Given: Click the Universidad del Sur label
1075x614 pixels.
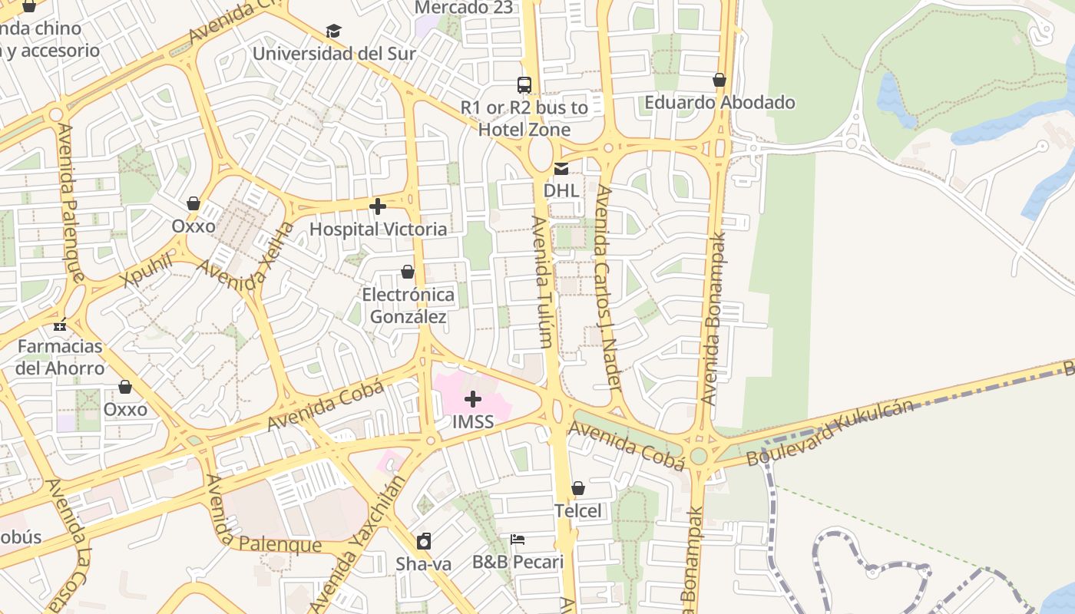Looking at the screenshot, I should [x=334, y=54].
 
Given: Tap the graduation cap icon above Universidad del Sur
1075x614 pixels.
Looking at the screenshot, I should [x=333, y=31].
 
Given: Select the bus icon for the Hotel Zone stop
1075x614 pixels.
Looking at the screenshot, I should [x=524, y=84].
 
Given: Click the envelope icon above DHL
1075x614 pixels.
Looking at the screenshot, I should [x=562, y=169].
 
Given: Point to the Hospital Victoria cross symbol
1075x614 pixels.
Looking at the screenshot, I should [x=378, y=206].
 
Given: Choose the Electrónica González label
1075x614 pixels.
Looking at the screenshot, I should [x=408, y=305].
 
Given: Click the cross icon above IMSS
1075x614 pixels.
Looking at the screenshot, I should [x=473, y=399].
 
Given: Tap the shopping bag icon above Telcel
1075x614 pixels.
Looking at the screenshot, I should [x=578, y=488].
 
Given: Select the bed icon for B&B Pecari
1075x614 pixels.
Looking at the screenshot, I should [x=518, y=540].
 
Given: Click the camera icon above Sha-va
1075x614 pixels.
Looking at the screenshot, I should [x=424, y=541].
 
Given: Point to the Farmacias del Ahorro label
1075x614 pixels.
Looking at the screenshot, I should [x=61, y=357].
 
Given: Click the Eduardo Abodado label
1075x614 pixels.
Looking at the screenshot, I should [x=719, y=103].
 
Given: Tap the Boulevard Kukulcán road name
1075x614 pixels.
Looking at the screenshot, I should [x=831, y=431].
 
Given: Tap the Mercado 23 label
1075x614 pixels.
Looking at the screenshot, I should [x=463, y=8].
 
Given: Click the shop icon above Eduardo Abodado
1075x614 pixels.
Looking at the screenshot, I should [x=719, y=80].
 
